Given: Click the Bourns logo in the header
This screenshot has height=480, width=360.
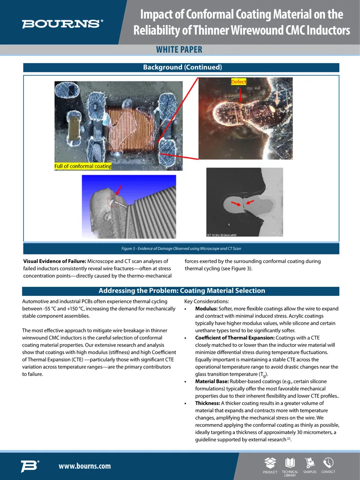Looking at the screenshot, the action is [x=63, y=24].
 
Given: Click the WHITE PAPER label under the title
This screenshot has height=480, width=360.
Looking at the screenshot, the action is [x=179, y=50].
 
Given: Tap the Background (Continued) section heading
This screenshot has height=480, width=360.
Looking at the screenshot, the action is [x=183, y=67].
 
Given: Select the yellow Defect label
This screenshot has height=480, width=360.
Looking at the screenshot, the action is [x=238, y=82].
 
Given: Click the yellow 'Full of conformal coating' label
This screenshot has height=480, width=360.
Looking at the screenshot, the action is [x=83, y=166].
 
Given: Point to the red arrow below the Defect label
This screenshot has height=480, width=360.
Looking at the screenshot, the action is [x=240, y=95].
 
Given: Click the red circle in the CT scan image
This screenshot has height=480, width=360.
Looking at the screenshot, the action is [x=113, y=201].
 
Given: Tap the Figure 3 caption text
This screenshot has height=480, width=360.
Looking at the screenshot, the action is [x=181, y=249].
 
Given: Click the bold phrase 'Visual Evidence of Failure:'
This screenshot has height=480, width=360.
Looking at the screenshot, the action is [x=54, y=261].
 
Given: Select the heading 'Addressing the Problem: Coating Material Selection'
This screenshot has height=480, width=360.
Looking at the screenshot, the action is [x=182, y=290].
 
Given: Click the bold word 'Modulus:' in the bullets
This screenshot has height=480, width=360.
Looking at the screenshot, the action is [x=206, y=308].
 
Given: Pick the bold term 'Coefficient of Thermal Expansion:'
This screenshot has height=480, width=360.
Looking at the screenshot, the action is [x=235, y=338].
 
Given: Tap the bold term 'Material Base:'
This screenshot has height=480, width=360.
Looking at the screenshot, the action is [x=212, y=381].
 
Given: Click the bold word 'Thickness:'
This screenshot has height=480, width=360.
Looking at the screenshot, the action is [x=208, y=403].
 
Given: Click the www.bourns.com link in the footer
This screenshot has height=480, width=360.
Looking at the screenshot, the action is [x=85, y=466].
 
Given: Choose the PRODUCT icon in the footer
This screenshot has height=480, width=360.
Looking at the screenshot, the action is [x=270, y=463].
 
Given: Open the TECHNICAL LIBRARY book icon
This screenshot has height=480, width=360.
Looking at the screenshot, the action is [x=290, y=463].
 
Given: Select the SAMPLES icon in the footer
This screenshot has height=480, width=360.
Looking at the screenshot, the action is [x=310, y=463].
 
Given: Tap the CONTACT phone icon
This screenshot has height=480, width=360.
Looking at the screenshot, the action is [x=328, y=463].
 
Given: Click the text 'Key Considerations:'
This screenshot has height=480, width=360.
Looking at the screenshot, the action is [x=207, y=301].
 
